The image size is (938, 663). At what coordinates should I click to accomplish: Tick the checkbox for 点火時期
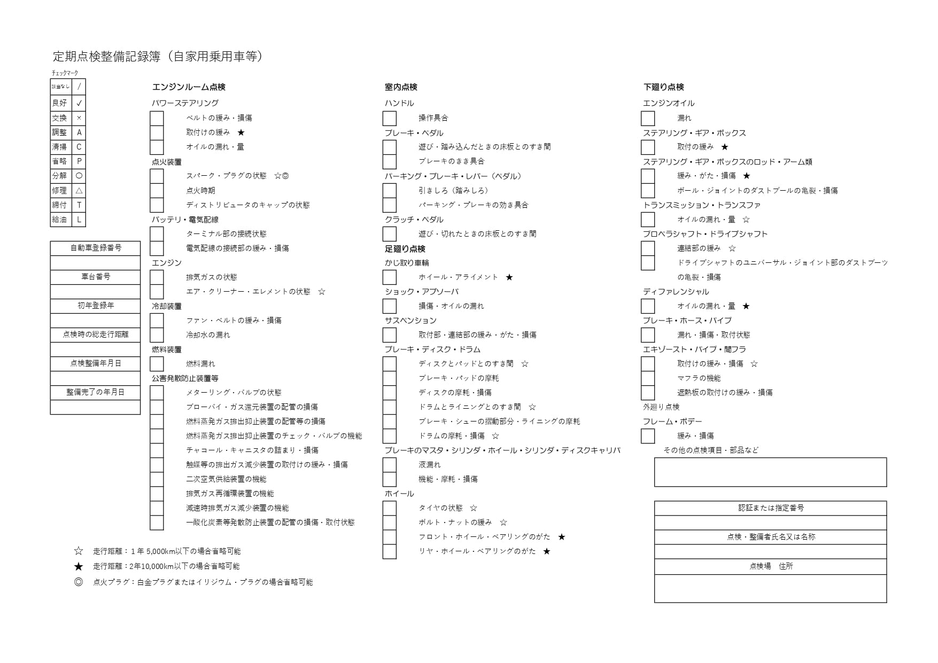coord(157,191)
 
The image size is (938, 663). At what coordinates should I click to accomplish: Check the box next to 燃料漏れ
coord(157,364)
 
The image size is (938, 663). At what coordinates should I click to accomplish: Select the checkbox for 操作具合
coord(390,118)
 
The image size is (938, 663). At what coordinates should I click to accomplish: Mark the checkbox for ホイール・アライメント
coord(390,277)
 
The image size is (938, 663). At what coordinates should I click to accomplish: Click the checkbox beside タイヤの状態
coord(390,508)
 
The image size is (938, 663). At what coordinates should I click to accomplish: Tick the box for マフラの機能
coord(648,378)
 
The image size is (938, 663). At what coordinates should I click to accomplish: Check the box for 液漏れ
coord(390,465)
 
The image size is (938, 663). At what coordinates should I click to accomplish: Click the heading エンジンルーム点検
coord(189,87)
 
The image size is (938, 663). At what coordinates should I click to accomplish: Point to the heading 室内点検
coord(401,87)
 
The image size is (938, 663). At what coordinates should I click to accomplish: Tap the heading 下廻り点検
coord(663,87)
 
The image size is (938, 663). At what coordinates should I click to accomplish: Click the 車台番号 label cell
coord(96,277)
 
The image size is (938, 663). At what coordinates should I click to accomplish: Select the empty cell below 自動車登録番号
coord(96,263)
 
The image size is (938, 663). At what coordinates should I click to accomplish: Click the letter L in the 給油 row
coord(79,220)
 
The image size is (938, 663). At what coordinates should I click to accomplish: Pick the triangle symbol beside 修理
coord(79,191)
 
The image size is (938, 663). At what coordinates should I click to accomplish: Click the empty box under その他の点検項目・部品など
coord(770,472)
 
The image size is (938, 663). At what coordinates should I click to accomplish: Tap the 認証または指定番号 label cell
coord(770,508)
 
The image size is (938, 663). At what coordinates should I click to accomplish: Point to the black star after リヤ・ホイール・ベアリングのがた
coord(546,551)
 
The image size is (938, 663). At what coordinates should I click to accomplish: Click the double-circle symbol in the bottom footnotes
coord(79,582)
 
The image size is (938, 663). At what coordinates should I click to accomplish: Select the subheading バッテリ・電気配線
coord(185,220)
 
